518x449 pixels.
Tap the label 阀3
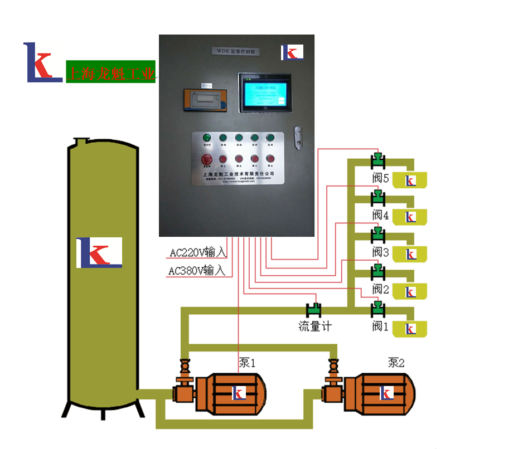[x=381, y=252]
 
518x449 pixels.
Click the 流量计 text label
[x=315, y=326]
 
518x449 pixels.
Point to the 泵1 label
[x=247, y=363]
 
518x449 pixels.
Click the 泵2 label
[x=396, y=363]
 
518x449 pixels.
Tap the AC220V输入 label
[x=198, y=252]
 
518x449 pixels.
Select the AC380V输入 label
[x=197, y=271]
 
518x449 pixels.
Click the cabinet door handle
[x=299, y=138]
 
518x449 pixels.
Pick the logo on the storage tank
[x=99, y=252]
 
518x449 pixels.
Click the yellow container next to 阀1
[x=410, y=329]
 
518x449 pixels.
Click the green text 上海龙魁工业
[x=110, y=73]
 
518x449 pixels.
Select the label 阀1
[x=380, y=326]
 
